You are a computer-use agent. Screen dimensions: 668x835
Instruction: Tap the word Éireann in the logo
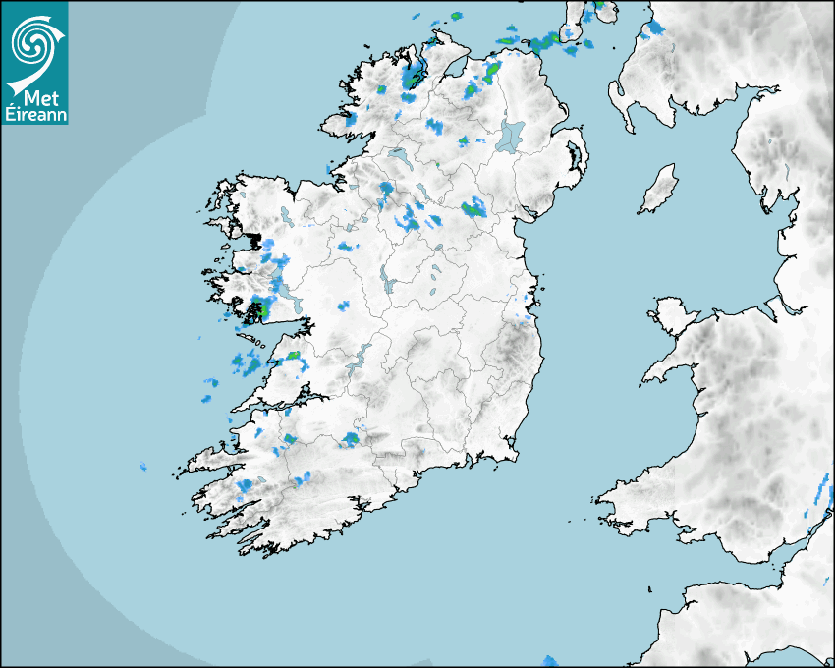[36, 114]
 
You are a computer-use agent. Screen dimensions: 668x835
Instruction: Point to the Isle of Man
[659, 190]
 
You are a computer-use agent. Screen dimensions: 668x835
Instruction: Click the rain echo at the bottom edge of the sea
[550, 661]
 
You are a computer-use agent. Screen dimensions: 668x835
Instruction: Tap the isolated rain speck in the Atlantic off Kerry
[143, 467]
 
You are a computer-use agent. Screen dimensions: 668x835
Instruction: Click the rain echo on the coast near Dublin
[528, 316]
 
